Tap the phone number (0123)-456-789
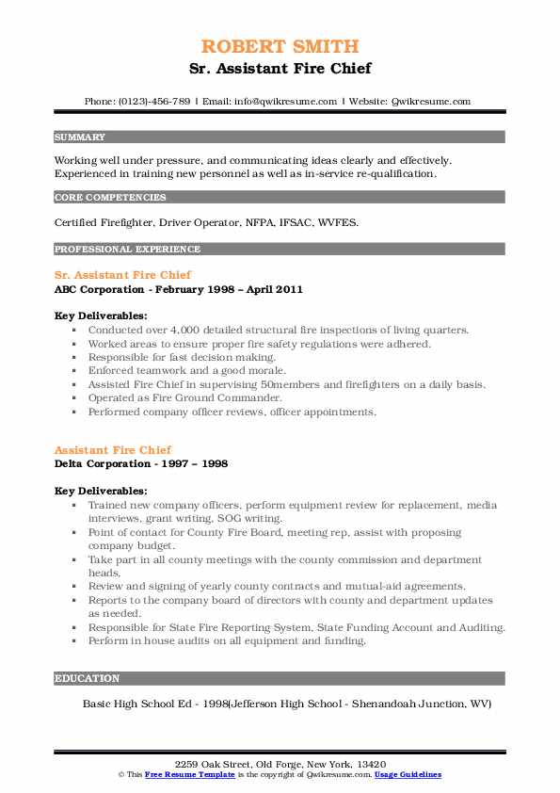(155, 101)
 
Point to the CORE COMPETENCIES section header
(110, 198)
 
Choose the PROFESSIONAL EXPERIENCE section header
(127, 250)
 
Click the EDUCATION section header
(88, 678)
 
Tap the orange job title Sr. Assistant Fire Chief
(122, 275)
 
